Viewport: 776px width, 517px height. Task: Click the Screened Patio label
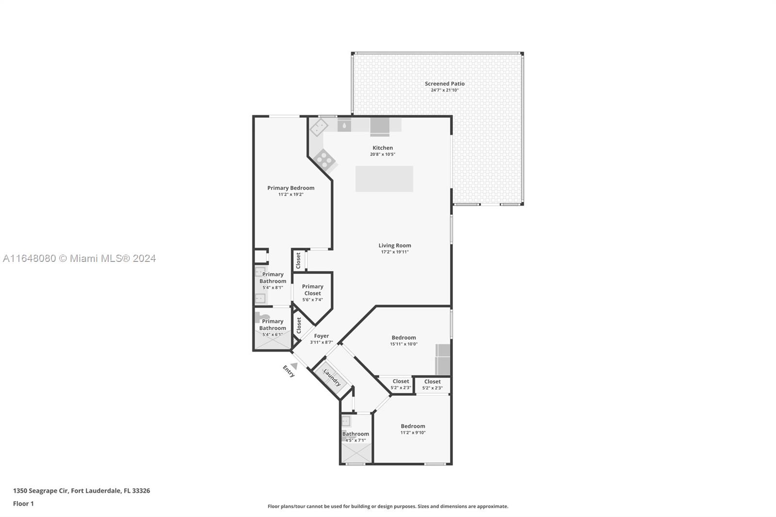click(x=444, y=83)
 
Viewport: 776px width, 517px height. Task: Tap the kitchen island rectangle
click(x=384, y=179)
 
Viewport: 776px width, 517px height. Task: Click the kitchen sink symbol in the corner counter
click(x=319, y=127)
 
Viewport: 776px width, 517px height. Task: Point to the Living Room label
click(x=395, y=245)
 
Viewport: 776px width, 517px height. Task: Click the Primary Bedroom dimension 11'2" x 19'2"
click(x=291, y=194)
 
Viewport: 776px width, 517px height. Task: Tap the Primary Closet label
click(x=312, y=290)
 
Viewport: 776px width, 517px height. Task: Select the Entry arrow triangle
click(x=294, y=366)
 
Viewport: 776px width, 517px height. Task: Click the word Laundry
click(x=332, y=377)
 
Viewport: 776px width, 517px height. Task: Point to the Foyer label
click(x=322, y=336)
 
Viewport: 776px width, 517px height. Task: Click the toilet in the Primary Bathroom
click(x=262, y=317)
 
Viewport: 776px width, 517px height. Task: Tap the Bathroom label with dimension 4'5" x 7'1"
click(x=356, y=434)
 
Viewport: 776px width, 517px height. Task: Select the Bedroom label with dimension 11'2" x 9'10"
click(x=413, y=426)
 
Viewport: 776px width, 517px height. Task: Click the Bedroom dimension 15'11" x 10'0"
click(x=404, y=344)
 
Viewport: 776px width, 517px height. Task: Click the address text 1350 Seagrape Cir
click(x=41, y=491)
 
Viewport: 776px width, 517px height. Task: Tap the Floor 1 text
click(x=23, y=504)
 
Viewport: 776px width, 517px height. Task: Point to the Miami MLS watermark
click(x=80, y=258)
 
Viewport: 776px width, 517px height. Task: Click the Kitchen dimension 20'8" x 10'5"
click(x=383, y=154)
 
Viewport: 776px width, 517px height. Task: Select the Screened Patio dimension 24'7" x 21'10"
click(x=444, y=90)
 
